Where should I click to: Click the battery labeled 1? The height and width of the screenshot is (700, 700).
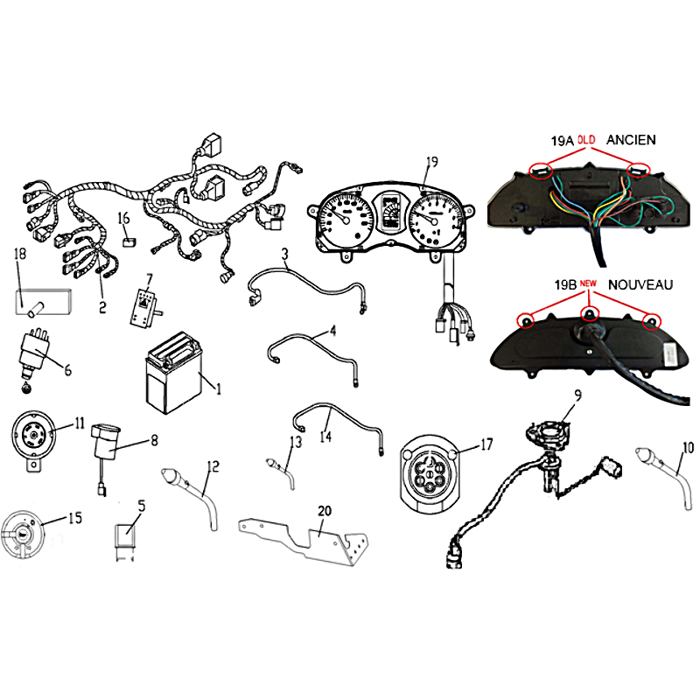pyautogui.click(x=174, y=373)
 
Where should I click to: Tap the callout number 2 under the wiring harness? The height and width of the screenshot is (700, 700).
pyautogui.click(x=102, y=307)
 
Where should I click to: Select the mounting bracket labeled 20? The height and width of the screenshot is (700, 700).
pyautogui.click(x=304, y=541)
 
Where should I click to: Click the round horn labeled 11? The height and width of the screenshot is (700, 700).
pyautogui.click(x=33, y=440)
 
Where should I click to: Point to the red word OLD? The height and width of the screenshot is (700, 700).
pyautogui.click(x=586, y=140)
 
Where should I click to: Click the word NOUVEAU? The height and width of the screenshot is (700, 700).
pyautogui.click(x=640, y=285)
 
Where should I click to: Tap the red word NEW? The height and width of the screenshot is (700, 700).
pyautogui.click(x=588, y=283)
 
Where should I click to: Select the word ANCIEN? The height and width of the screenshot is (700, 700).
pyautogui.click(x=631, y=140)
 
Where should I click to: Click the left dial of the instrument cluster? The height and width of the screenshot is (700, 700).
pyautogui.click(x=346, y=218)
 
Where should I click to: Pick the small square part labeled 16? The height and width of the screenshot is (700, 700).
pyautogui.click(x=129, y=242)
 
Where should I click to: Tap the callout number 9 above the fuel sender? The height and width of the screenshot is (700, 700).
pyautogui.click(x=577, y=395)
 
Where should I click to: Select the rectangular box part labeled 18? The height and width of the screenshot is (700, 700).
pyautogui.click(x=43, y=302)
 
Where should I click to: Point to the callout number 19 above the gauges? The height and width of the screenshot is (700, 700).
pyautogui.click(x=432, y=162)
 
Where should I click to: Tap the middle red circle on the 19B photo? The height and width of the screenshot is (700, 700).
pyautogui.click(x=589, y=313)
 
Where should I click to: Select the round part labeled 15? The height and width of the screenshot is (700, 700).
pyautogui.click(x=23, y=534)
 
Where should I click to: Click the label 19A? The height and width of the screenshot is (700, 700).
pyautogui.click(x=562, y=141)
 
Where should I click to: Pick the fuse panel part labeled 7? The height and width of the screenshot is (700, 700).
pyautogui.click(x=146, y=308)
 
